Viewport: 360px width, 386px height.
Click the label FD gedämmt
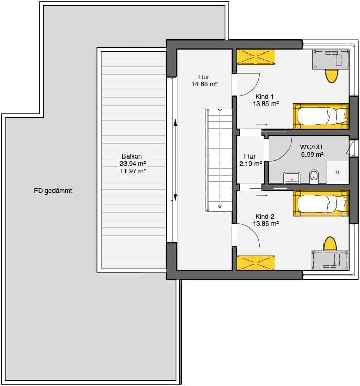click(x=53, y=191)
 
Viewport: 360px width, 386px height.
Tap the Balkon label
click(x=132, y=156)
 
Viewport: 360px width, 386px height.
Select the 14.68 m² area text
click(x=205, y=84)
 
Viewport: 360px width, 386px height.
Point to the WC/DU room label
click(x=311, y=147)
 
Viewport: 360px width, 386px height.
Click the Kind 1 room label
click(x=264, y=97)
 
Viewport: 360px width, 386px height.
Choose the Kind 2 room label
click(x=264, y=217)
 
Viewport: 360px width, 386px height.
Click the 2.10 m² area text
click(x=250, y=164)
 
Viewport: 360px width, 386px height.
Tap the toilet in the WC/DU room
click(x=314, y=176)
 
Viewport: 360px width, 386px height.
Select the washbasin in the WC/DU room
click(x=292, y=178)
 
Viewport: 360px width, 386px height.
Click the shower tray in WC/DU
click(x=337, y=172)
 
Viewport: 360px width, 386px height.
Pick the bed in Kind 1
click(x=321, y=116)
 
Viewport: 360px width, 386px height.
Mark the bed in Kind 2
click(x=321, y=203)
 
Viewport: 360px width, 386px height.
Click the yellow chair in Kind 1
click(x=331, y=76)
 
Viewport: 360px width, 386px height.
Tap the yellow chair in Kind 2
click(x=330, y=243)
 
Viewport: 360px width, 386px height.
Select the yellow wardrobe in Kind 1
click(x=256, y=57)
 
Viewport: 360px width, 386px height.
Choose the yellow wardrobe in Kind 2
click(x=256, y=262)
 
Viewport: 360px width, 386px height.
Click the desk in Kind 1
click(x=331, y=60)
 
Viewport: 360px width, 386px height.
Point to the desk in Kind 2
click(x=330, y=260)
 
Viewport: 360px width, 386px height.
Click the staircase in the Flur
click(x=219, y=160)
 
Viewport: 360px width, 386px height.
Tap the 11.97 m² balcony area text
click(x=133, y=171)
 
